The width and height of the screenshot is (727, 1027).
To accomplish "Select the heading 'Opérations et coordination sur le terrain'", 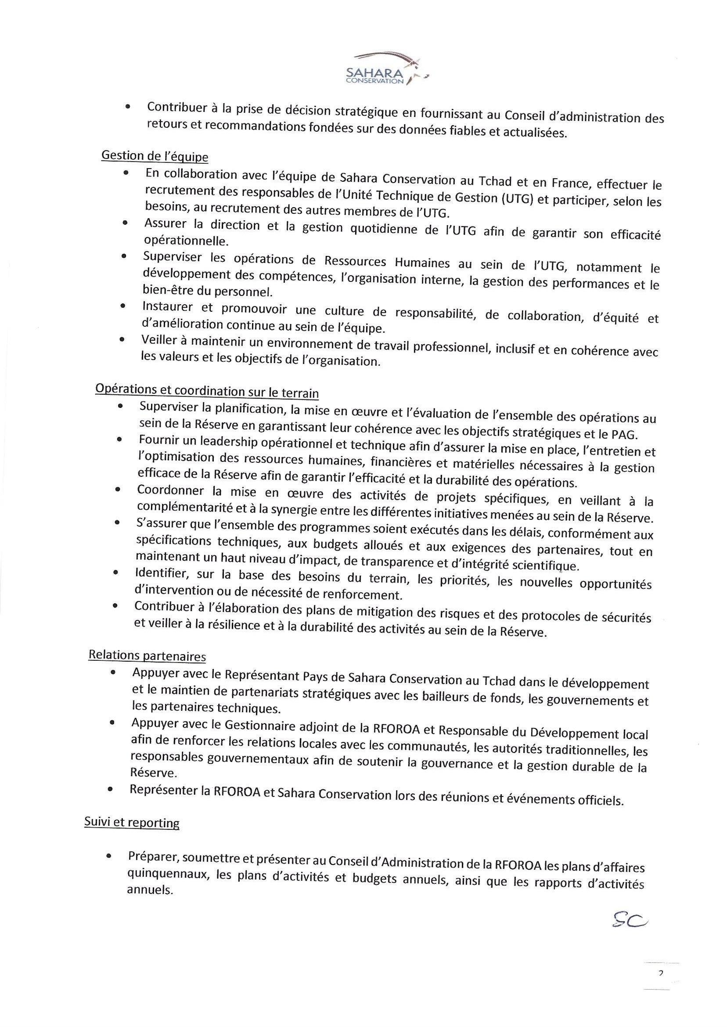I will click(x=207, y=390).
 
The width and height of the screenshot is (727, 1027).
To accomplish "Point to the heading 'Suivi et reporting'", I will click(x=132, y=822).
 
